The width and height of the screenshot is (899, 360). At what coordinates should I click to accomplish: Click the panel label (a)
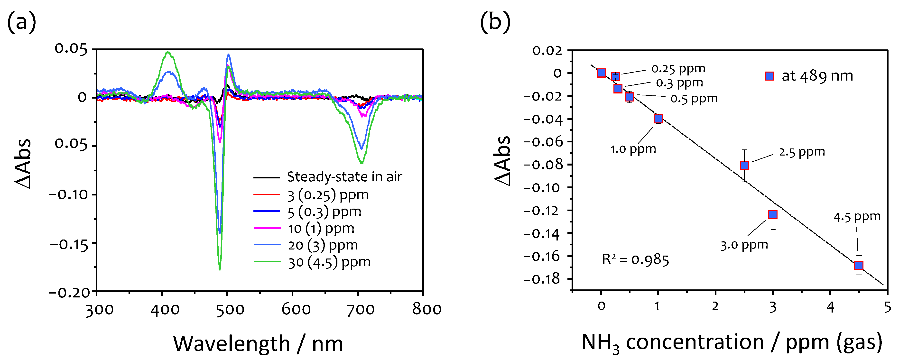[x=22, y=22]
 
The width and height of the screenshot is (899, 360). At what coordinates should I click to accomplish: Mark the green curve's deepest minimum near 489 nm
[x=220, y=269]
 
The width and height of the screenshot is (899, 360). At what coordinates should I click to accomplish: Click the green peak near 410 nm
[x=168, y=52]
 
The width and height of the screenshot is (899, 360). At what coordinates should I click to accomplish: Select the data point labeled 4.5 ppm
[x=859, y=265]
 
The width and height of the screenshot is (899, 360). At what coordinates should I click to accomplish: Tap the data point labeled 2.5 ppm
[x=744, y=165]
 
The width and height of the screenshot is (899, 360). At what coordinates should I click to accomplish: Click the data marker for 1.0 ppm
[x=658, y=119]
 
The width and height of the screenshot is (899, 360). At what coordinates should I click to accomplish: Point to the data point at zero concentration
[x=601, y=73]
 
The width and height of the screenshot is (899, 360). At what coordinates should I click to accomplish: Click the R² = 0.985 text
[x=635, y=260]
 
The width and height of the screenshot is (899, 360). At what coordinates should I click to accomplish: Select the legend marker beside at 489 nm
[x=769, y=76]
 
